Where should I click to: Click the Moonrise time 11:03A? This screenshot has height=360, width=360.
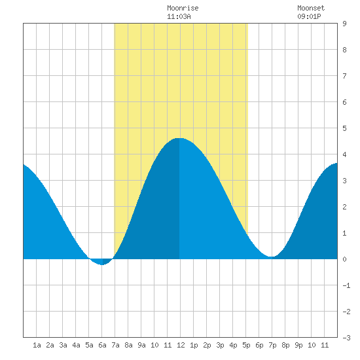pyautogui.click(x=179, y=16)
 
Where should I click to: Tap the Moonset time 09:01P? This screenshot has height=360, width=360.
pyautogui.click(x=309, y=16)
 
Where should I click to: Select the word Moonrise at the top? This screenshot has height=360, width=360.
pyautogui.click(x=183, y=8)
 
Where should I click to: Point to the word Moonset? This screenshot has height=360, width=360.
pyautogui.click(x=311, y=8)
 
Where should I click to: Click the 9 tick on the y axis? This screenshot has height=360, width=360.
pyautogui.click(x=344, y=24)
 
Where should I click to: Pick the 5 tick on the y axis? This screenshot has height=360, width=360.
pyautogui.click(x=344, y=128)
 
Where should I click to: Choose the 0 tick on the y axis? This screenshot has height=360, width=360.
pyautogui.click(x=344, y=259)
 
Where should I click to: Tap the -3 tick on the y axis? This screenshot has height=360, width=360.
pyautogui.click(x=346, y=338)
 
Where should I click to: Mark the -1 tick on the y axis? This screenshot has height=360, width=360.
pyautogui.click(x=346, y=285)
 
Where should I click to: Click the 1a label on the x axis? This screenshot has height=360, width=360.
pyautogui.click(x=37, y=345)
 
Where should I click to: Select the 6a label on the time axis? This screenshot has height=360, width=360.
pyautogui.click(x=102, y=345)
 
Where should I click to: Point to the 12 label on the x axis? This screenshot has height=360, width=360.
pyautogui.click(x=181, y=345)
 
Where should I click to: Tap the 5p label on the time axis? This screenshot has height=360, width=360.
pyautogui.click(x=246, y=345)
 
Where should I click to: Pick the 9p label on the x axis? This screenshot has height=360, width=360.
pyautogui.click(x=298, y=345)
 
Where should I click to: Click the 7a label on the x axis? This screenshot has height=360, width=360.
pyautogui.click(x=115, y=345)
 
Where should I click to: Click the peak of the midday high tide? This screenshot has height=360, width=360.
pyautogui.click(x=179, y=138)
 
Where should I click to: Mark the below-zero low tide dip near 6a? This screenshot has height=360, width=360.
pyautogui.click(x=102, y=264)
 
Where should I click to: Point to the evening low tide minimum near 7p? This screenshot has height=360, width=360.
pyautogui.click(x=272, y=257)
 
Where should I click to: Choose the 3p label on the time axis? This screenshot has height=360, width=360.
pyautogui.click(x=220, y=345)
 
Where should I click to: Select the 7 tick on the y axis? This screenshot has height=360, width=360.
pyautogui.click(x=344, y=76)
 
